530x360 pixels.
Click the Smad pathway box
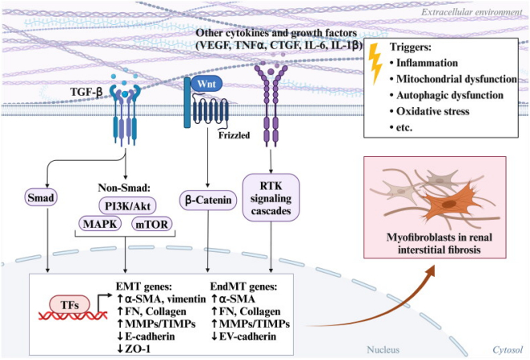point(41,198)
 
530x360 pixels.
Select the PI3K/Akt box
point(127,206)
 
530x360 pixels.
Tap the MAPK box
point(100,224)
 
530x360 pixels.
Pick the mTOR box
point(152,224)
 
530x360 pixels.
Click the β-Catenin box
point(208,200)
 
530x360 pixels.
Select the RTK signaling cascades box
point(271,198)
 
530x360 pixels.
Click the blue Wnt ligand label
point(207,84)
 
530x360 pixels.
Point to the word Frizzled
point(234,135)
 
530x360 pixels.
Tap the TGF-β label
point(86,92)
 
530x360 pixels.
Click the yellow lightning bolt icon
point(375,63)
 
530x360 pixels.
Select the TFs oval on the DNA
point(70,305)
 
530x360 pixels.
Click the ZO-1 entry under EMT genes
point(134,349)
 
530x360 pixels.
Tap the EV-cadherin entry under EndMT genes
point(243,336)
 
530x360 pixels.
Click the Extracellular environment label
point(472,13)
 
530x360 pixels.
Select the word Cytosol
point(508,350)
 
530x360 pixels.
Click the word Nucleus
point(383,350)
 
